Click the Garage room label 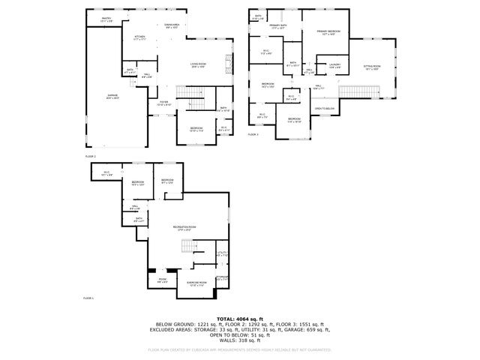112,97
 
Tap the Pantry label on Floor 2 106,20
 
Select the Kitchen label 140,37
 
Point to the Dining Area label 172,25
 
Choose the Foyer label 164,103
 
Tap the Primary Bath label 279,27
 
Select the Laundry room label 335,65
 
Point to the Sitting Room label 373,67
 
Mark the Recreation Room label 184,226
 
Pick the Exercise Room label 198,282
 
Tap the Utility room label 222,253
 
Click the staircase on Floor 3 357,91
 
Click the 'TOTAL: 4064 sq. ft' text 239,318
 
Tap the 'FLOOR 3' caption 253,135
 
